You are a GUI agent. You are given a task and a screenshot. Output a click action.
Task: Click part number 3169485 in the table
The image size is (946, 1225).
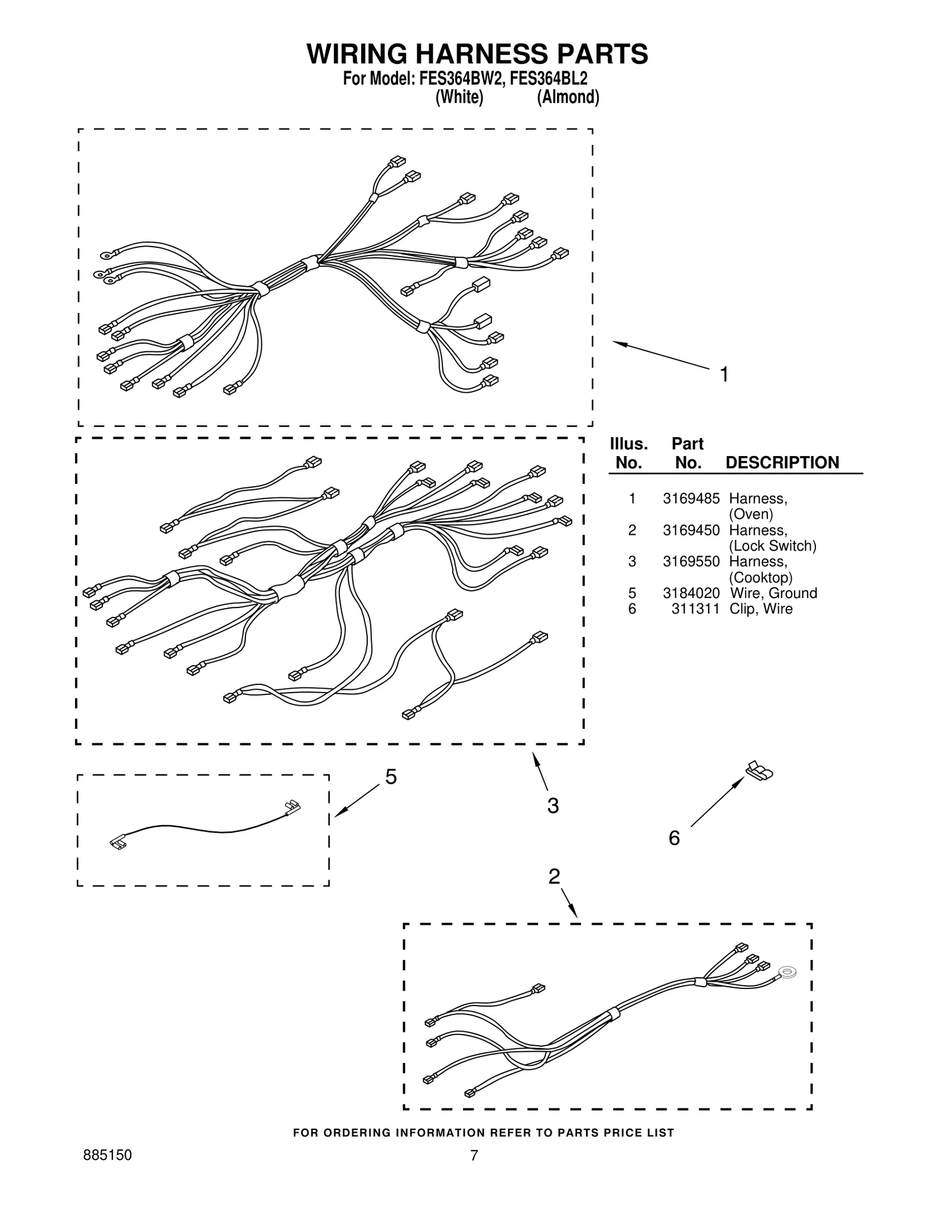691,499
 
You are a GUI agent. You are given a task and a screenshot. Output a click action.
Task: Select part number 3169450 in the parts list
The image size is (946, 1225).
691,530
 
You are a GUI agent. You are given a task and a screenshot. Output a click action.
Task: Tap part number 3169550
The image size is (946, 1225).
691,561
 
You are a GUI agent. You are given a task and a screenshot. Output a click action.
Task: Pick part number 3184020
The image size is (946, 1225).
691,593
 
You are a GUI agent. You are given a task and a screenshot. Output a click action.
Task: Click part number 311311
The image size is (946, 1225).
695,609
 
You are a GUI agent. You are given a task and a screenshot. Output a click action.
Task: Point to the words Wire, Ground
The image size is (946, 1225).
773,593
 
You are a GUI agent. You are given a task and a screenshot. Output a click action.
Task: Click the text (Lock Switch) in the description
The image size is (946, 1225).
773,545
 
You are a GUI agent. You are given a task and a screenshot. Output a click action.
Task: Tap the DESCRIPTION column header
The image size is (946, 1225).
782,463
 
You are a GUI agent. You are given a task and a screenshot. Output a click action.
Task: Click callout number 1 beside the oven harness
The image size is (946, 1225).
724,374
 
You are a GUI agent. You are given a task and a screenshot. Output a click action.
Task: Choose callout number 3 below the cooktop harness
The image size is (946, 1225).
553,805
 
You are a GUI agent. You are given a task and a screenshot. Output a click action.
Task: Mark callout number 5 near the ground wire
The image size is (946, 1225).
391,777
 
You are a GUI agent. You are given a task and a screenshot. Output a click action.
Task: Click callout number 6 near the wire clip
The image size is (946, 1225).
674,838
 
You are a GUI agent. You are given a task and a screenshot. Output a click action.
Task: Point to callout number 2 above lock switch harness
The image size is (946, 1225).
554,876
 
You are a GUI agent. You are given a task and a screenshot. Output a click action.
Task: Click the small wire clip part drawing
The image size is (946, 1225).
760,770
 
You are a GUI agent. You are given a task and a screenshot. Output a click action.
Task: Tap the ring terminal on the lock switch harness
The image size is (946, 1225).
787,971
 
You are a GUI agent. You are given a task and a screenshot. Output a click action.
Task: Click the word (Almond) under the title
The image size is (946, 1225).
568,97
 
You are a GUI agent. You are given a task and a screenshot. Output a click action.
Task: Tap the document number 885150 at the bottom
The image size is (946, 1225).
107,1155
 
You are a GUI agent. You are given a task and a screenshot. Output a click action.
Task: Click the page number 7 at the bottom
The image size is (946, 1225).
474,1155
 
